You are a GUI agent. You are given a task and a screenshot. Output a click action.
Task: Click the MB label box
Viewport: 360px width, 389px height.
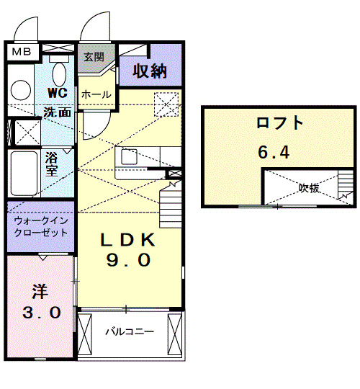pos(21,51)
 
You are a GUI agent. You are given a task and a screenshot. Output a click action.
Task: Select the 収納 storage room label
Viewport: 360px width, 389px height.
pos(149,71)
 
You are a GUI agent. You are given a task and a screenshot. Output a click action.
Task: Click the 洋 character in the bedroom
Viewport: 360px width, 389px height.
pos(39,292)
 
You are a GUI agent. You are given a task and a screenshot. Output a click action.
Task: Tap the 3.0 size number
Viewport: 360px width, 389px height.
pos(40,313)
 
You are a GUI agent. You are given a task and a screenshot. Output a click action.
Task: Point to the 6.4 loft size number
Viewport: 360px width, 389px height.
pos(275,153)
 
